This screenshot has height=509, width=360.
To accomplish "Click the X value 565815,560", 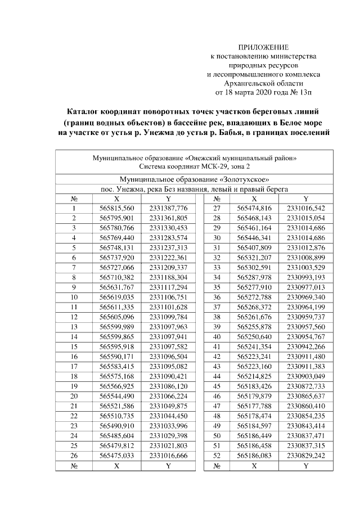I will (116, 208).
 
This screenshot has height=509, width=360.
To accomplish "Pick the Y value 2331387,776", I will (168, 208).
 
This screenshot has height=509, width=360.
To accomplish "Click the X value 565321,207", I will (254, 256).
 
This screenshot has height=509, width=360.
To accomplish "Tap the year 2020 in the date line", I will (263, 89).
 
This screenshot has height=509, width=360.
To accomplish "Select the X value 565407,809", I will (254, 246).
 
